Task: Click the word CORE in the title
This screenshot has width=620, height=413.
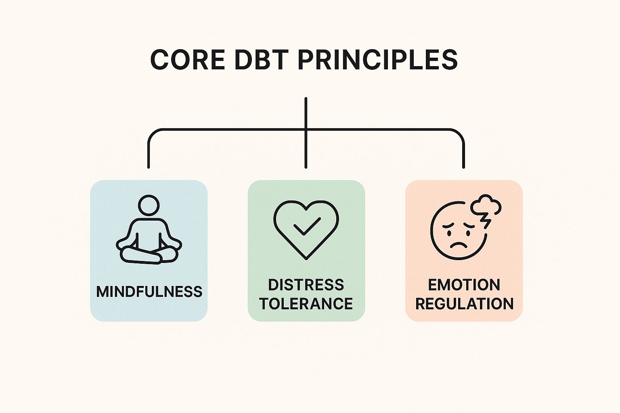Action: [187, 60]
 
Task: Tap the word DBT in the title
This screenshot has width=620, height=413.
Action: [261, 60]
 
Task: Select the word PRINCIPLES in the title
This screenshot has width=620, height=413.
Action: [377, 60]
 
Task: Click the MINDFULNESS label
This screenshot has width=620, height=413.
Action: [149, 291]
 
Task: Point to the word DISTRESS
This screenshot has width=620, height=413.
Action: [306, 285]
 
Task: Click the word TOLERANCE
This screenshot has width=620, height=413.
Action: [306, 303]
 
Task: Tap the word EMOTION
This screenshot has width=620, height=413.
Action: [464, 285]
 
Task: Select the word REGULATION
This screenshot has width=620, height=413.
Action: [464, 303]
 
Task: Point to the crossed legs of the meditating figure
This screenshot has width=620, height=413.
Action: [149, 254]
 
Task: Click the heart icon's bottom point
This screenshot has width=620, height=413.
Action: [306, 258]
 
